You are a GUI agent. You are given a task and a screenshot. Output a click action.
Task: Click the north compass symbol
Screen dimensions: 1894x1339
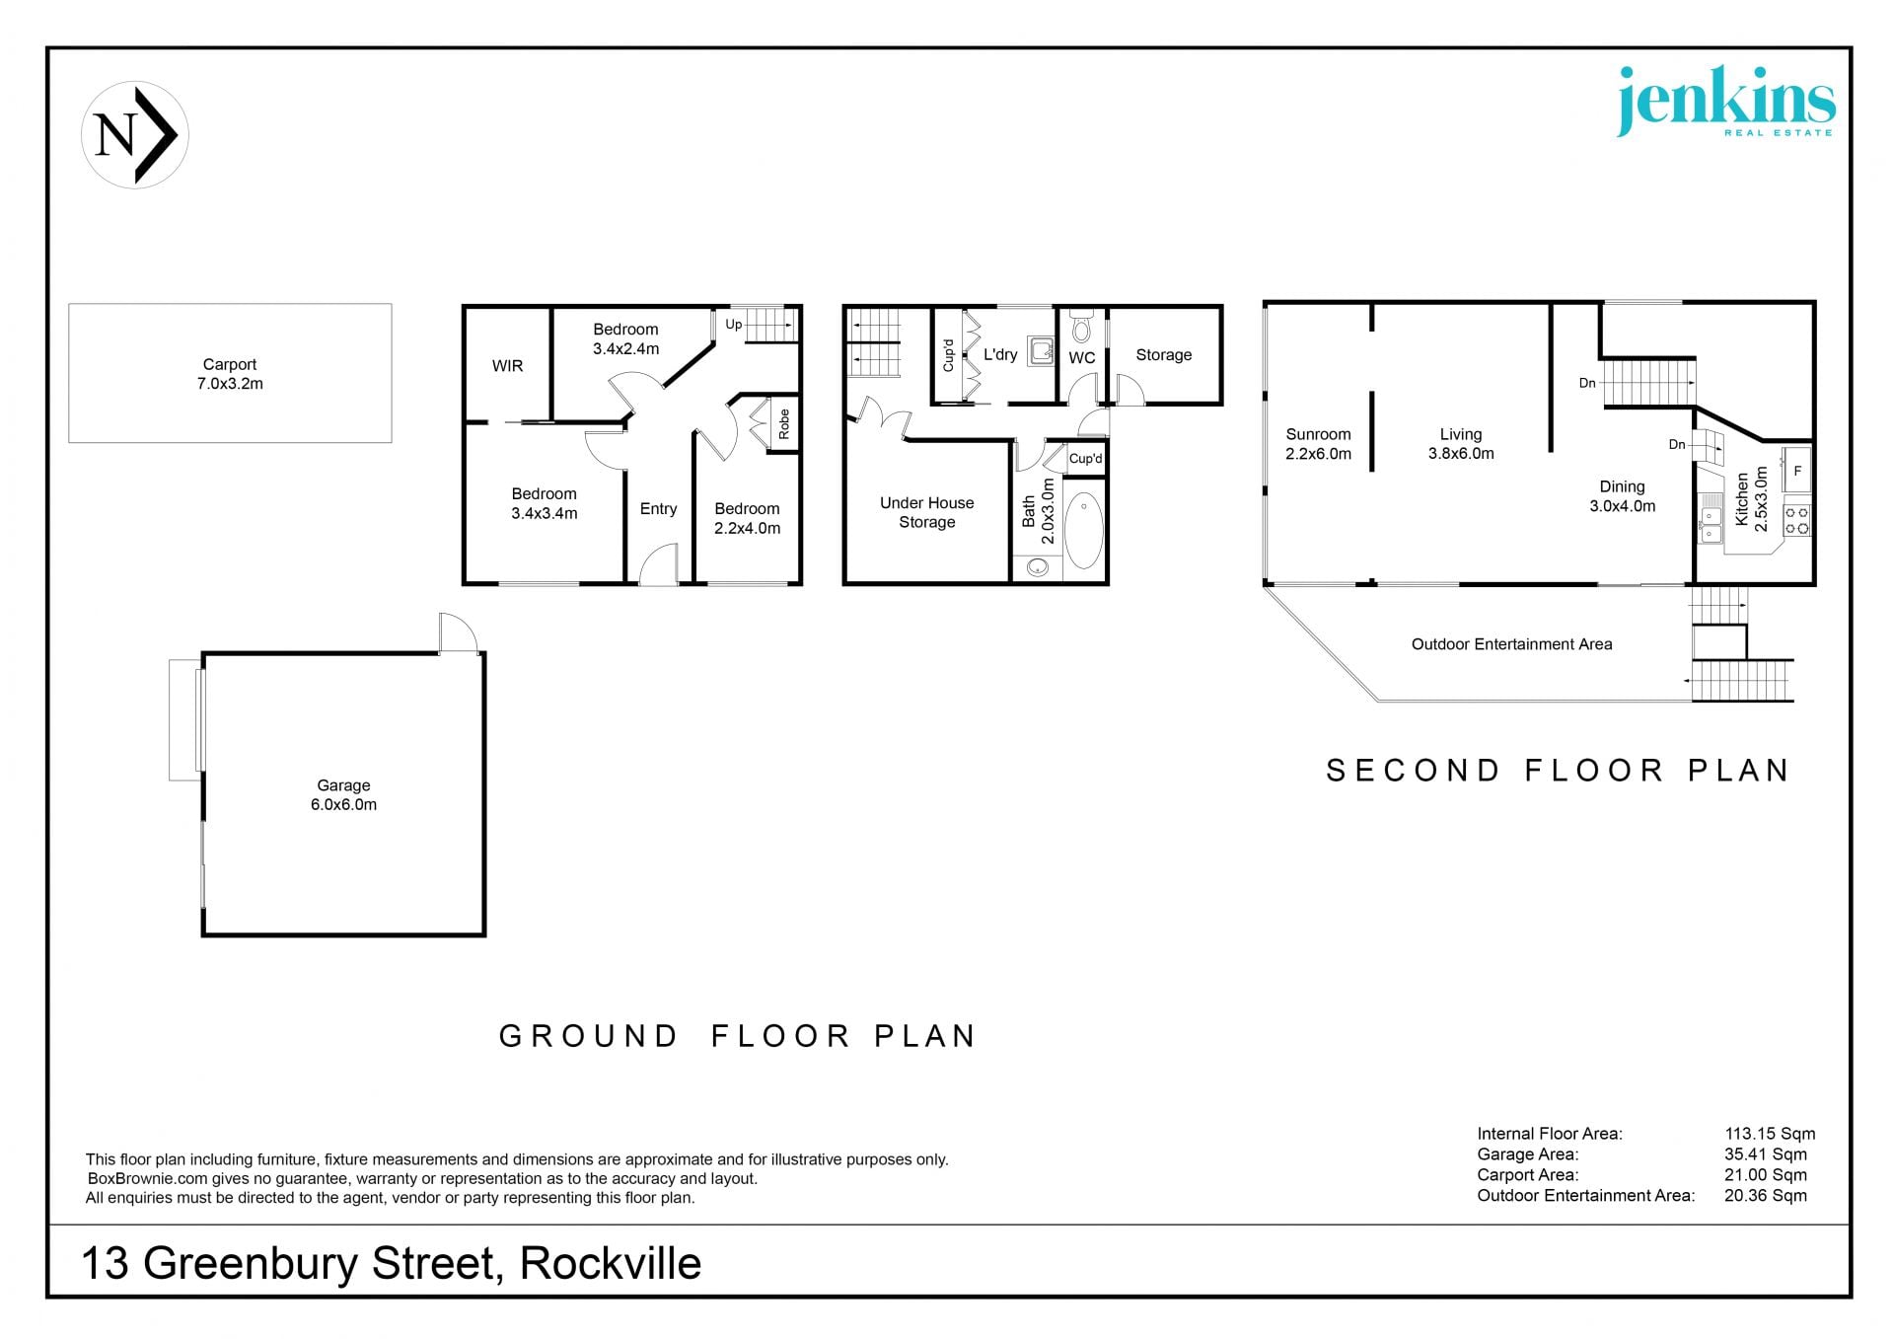tap(135, 135)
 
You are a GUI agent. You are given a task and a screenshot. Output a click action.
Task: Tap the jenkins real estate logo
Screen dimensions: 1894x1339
tap(1725, 102)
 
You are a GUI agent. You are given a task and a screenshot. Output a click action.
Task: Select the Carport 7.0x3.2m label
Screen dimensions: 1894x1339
tap(230, 374)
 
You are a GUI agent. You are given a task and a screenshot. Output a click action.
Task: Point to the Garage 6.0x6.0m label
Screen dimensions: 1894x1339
tap(343, 794)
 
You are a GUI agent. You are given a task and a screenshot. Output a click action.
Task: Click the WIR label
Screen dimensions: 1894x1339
tap(507, 366)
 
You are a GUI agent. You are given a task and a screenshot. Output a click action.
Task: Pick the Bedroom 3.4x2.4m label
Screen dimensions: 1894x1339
tap(625, 338)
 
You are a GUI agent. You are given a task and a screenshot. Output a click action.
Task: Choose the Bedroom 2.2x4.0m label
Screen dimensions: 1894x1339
tap(747, 518)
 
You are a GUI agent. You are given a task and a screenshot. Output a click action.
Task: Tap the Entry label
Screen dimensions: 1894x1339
tap(658, 509)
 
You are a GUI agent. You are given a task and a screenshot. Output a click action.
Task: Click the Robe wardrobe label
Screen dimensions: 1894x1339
tap(784, 424)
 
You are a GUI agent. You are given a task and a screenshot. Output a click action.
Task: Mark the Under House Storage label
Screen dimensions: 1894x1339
tap(926, 512)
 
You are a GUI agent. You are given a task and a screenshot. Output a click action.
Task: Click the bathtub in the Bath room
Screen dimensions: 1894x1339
tap(1083, 531)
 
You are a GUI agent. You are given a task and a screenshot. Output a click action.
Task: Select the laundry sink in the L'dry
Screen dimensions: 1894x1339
tap(1041, 350)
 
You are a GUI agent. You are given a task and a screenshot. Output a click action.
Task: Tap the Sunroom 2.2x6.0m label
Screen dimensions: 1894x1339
tap(1318, 444)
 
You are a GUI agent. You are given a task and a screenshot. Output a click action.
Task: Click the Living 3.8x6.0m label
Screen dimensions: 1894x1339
tap(1461, 444)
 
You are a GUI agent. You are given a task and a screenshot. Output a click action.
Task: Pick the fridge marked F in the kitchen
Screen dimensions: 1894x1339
tap(1796, 471)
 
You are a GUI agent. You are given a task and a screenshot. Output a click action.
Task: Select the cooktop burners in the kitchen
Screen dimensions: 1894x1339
tap(1796, 520)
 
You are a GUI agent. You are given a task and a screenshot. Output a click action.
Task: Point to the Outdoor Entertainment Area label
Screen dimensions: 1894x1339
tap(1511, 644)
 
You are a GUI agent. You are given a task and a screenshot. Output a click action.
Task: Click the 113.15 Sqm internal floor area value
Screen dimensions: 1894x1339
tap(1770, 1134)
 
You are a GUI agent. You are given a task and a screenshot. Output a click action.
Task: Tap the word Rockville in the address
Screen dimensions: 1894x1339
tap(611, 1264)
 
